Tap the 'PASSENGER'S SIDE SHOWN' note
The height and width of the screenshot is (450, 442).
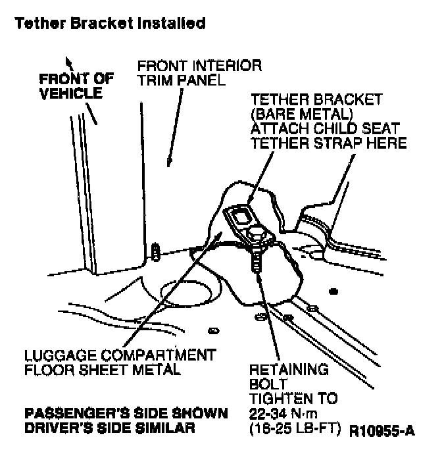tap(126, 414)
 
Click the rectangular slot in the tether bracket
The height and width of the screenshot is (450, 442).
tap(241, 215)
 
